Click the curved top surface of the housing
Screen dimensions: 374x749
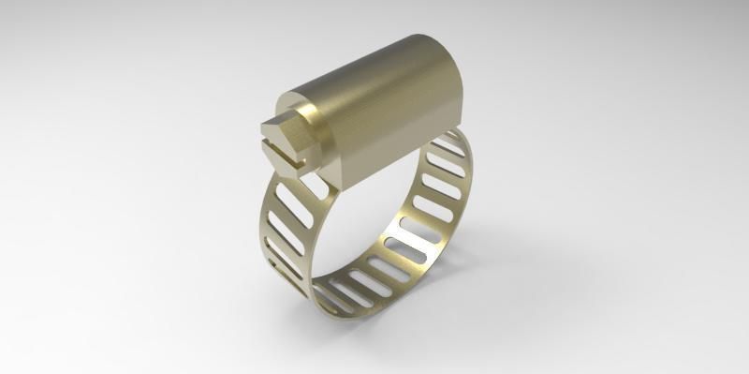click(393, 66)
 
